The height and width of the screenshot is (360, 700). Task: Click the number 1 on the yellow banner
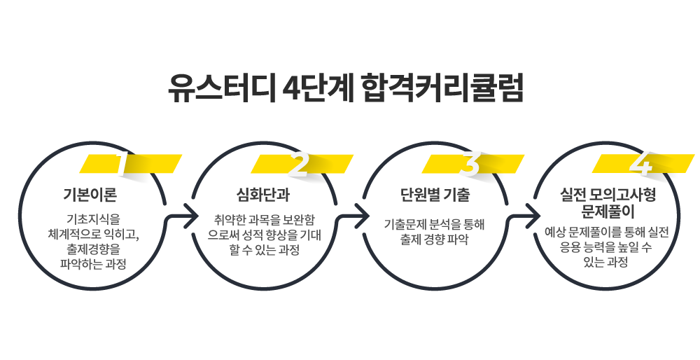coord(122,164)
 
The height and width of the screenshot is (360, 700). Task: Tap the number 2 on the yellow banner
coord(298,165)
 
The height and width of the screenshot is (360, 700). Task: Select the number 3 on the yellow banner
coord(470,165)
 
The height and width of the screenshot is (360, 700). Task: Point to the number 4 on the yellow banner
coord(640,164)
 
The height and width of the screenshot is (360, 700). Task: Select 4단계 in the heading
coord(320,88)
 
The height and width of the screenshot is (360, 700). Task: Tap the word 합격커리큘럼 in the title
coord(443,88)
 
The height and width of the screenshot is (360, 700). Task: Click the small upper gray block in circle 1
coord(90,195)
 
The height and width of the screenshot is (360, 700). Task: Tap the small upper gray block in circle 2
coord(262,195)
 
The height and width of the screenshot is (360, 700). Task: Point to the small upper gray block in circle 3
coord(435,195)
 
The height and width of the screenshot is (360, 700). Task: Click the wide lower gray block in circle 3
coord(435,232)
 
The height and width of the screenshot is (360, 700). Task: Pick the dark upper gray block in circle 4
coord(608,202)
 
